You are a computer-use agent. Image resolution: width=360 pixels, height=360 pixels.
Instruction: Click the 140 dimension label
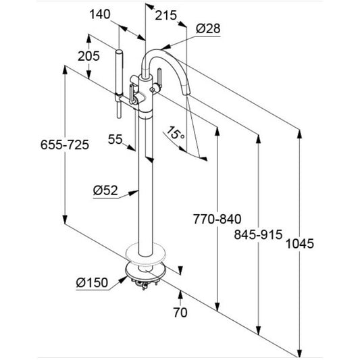pos(100,14)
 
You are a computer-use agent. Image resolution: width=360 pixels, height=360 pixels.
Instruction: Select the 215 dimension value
pos(165,16)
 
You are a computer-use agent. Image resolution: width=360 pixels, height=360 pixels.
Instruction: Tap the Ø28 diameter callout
pos(208,28)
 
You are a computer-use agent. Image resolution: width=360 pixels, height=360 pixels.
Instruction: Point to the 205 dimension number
pos(88,56)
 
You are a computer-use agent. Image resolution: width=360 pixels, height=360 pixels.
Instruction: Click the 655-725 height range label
pos(65,145)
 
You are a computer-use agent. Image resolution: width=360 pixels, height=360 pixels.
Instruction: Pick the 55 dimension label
pos(115,139)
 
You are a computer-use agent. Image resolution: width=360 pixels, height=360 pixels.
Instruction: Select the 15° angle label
pos(176,133)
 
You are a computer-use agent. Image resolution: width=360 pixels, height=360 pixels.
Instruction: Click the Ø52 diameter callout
pos(105,190)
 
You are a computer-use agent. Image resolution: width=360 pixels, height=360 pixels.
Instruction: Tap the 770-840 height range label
pos(217,219)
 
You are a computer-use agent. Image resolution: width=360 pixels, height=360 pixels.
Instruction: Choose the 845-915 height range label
pos(258,234)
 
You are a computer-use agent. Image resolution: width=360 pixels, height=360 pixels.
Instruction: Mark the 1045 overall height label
pos(300,244)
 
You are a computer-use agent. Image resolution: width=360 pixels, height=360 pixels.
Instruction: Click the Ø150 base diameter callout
pos(92,282)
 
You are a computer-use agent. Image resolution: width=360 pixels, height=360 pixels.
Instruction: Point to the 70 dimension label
pos(180,313)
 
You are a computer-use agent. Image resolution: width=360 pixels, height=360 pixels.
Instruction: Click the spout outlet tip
pos(186,93)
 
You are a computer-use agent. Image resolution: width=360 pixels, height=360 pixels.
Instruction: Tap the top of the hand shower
pos(119,51)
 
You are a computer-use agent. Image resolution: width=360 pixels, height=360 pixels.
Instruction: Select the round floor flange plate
pos(146,254)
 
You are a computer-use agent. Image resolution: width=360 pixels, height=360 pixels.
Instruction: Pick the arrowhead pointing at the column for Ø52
pos(134,192)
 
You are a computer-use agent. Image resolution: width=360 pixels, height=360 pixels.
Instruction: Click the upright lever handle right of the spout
pos(159,78)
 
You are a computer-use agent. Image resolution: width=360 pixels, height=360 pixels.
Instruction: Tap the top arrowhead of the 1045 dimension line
pos(299,134)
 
